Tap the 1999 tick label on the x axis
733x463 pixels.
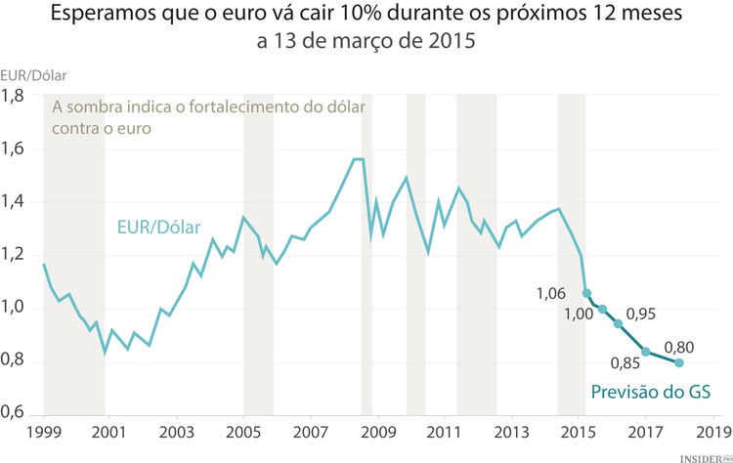[44, 431]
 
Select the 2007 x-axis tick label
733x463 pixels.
[310, 431]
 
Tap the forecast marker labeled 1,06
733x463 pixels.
[586, 293]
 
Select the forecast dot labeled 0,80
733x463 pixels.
[679, 363]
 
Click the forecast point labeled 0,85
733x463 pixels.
[646, 352]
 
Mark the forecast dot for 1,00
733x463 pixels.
[603, 309]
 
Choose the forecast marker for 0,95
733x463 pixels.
[618, 323]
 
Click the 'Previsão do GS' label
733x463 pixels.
[650, 393]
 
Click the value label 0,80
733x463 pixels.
[679, 345]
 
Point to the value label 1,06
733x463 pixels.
[553, 292]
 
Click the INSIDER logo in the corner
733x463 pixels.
[702, 455]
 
